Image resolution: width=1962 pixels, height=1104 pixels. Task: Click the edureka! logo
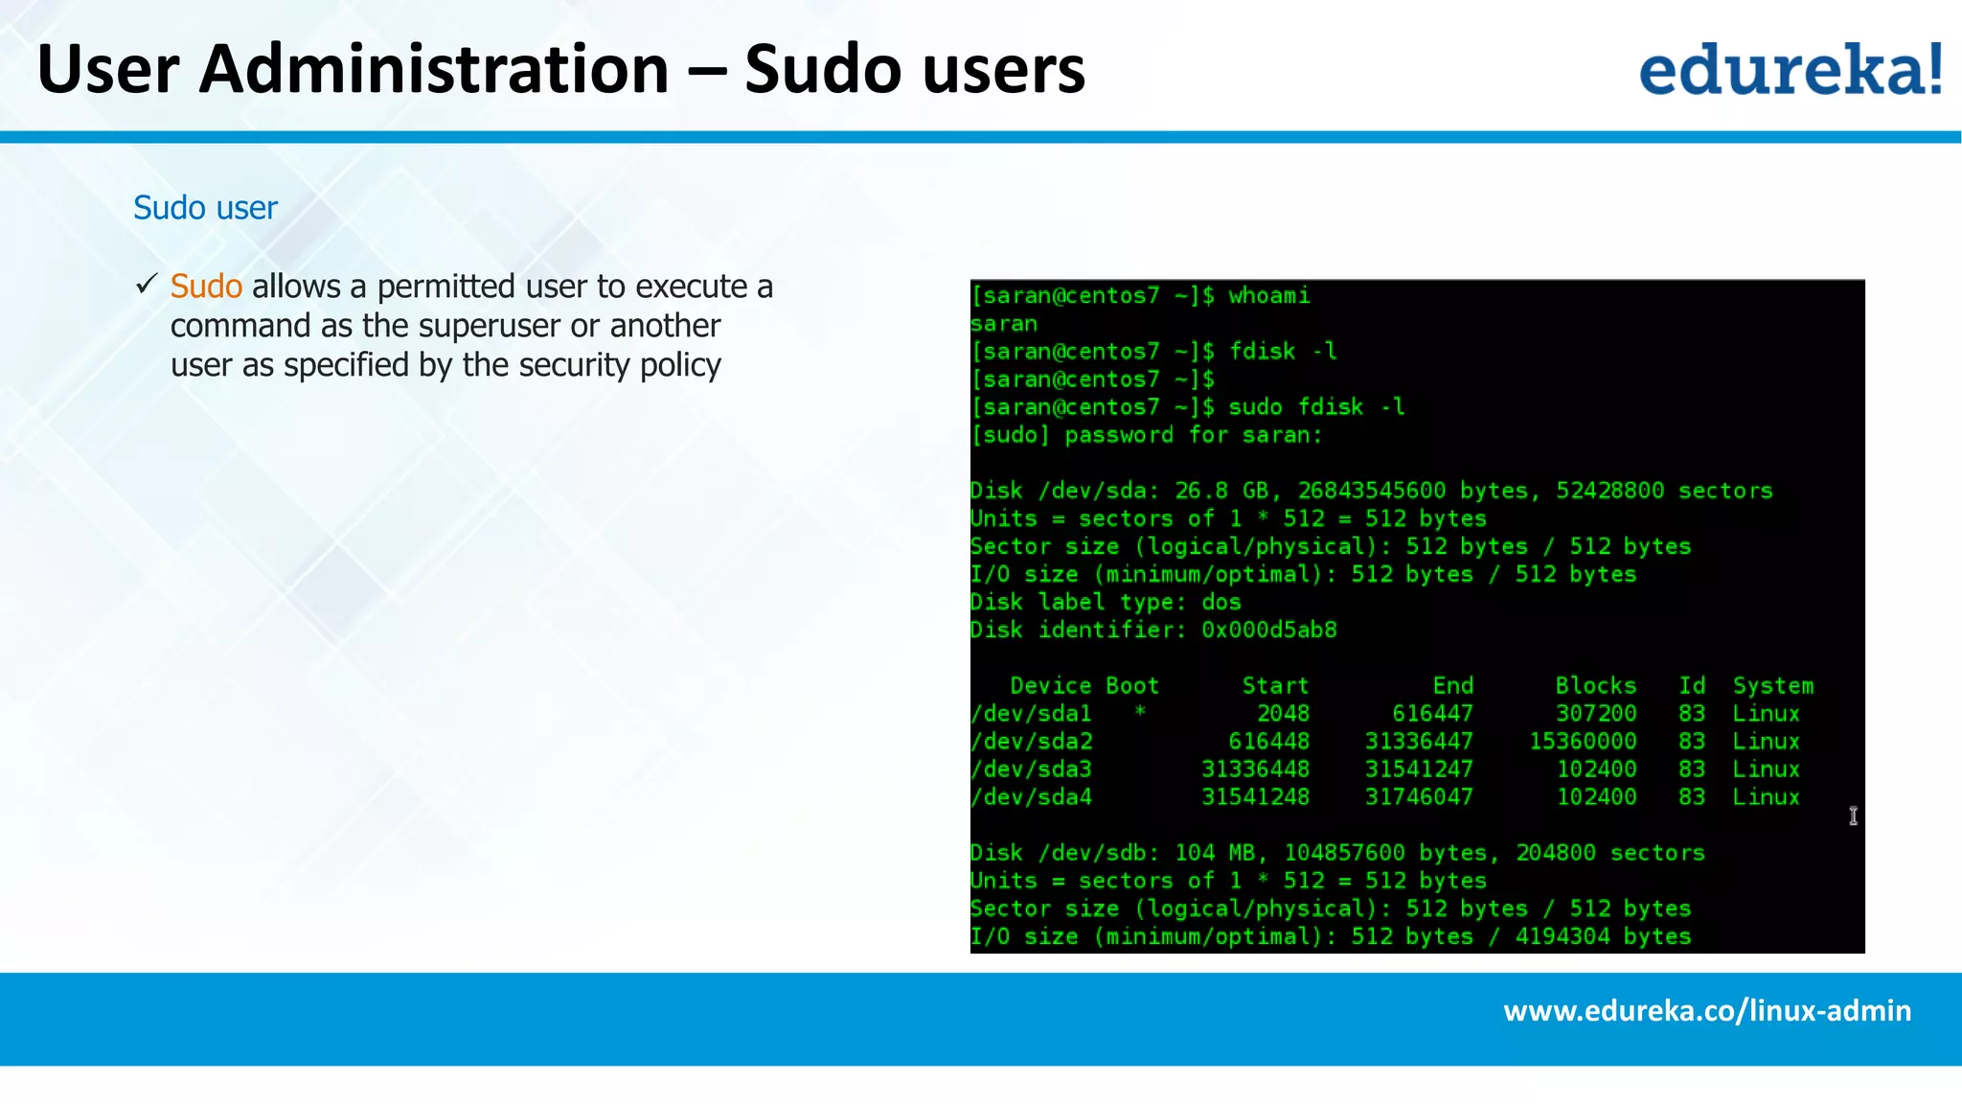click(x=1790, y=69)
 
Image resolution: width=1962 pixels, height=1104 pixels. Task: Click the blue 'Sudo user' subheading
click(x=205, y=208)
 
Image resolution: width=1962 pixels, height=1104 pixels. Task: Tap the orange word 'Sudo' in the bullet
click(x=206, y=287)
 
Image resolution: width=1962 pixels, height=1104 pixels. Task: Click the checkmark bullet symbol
click(x=147, y=285)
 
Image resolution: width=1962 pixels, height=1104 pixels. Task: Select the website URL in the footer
click(x=1707, y=1011)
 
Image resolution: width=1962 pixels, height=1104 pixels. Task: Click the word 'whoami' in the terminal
click(x=1268, y=296)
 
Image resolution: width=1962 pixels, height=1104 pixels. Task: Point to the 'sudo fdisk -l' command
click(x=1316, y=407)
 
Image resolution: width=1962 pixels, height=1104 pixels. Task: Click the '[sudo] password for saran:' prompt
click(x=1146, y=435)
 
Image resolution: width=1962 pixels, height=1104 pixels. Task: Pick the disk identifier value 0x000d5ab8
click(x=1268, y=631)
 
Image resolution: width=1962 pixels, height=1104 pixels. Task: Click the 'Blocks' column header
click(x=1595, y=686)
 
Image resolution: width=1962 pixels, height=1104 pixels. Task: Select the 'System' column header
click(x=1772, y=686)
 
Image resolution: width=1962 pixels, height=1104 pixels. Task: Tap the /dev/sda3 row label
click(x=1031, y=770)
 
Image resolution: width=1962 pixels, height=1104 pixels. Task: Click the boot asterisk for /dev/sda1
click(x=1140, y=712)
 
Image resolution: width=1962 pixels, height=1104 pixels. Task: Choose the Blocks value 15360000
click(x=1583, y=742)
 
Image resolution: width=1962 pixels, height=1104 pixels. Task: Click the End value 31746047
click(x=1419, y=797)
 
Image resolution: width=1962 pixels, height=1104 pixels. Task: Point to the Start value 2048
click(x=1283, y=714)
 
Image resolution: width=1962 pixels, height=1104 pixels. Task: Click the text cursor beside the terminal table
click(x=1853, y=816)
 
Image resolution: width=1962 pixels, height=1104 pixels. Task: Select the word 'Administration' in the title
click(x=434, y=70)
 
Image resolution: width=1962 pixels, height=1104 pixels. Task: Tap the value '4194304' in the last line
click(x=1562, y=936)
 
